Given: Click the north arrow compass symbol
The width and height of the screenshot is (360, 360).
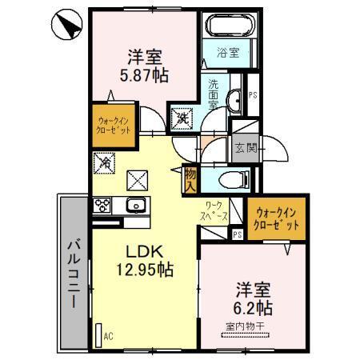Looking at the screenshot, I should coord(65,26).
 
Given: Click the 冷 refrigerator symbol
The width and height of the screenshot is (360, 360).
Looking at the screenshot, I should coord(106,162).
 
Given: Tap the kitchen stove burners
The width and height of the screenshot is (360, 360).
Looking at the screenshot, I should coord(103,205).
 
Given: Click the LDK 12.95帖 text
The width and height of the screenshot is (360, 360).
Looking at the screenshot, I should coord(147,261).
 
